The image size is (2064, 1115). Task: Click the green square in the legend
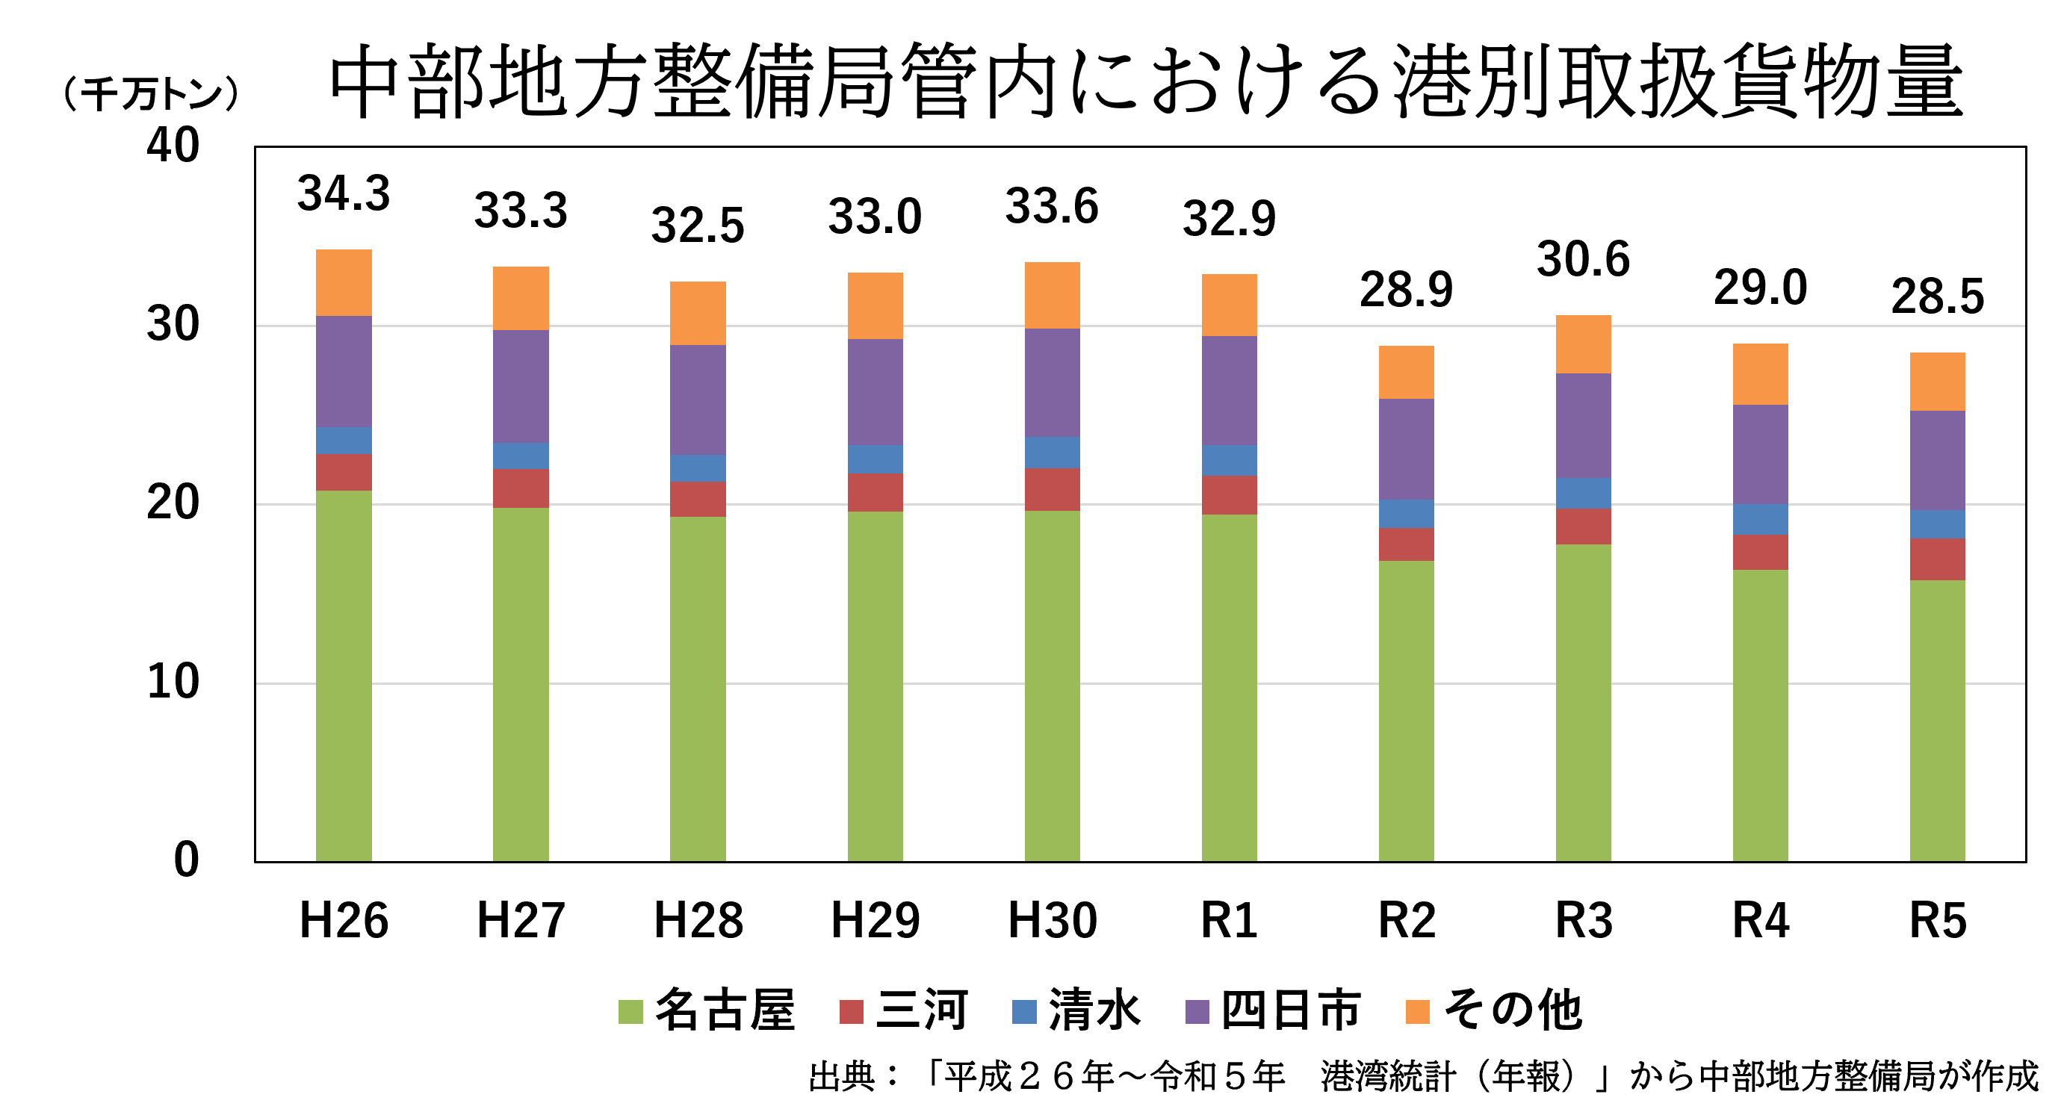tap(630, 1012)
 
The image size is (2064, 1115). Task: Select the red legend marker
tap(851, 1012)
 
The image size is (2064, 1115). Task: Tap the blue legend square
tap(1024, 1012)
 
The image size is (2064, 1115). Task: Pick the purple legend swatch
tap(1197, 1012)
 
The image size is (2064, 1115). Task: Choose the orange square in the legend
tap(1417, 1012)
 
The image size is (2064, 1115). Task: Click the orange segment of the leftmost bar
tap(344, 282)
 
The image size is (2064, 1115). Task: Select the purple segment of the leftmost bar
tap(344, 371)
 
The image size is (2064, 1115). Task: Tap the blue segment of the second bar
tap(521, 456)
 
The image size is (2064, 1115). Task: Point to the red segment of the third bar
tap(698, 499)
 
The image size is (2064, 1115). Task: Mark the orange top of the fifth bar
tap(1052, 295)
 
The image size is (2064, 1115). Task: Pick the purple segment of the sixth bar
tap(1229, 390)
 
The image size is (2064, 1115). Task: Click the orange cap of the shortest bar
tap(1406, 372)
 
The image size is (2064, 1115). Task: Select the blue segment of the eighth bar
tap(1583, 494)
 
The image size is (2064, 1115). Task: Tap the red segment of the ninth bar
tap(1760, 552)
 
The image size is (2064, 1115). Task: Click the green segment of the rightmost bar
tap(1938, 720)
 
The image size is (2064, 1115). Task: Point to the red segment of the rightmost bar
tap(1938, 559)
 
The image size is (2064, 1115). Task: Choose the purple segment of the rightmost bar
tap(1938, 461)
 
